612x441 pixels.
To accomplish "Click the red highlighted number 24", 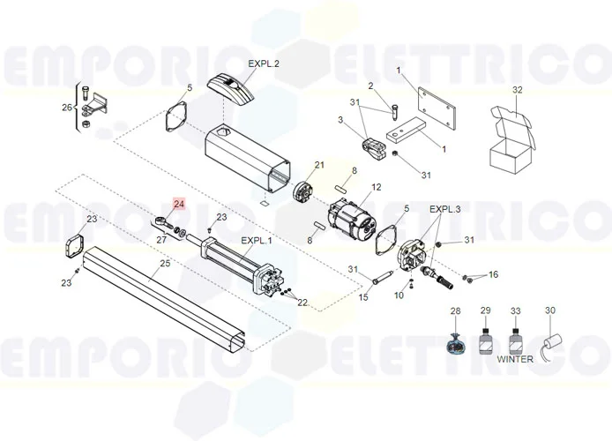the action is [179, 204].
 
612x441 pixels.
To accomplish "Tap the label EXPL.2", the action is [264, 64].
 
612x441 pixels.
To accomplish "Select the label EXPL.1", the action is [257, 241].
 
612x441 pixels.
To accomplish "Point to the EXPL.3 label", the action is [445, 209].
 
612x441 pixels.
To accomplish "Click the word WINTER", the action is [515, 359].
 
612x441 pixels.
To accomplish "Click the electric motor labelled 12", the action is [352, 220].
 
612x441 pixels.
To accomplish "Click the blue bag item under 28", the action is [455, 343].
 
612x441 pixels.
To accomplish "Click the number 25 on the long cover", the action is [165, 264].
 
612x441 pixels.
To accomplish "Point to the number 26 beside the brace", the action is [67, 107].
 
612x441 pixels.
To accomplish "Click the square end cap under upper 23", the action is [75, 246].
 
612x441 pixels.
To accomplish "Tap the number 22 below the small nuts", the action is [302, 303].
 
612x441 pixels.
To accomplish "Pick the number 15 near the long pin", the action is [363, 297].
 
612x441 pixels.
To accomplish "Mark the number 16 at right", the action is [493, 275].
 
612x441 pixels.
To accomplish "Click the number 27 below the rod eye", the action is [161, 240].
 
